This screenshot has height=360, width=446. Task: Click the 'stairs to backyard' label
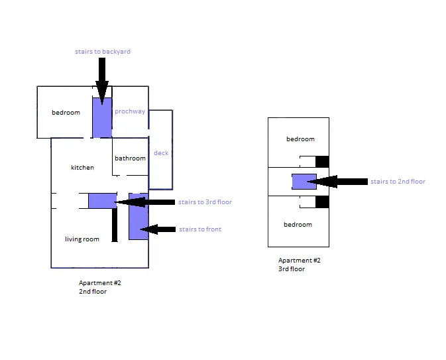(103, 52)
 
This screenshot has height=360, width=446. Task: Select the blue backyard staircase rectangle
(101, 119)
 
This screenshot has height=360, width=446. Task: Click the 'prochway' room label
(130, 111)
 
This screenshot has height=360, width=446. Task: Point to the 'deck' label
(161, 153)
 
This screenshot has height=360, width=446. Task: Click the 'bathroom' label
(130, 158)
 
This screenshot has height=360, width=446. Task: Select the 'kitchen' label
(82, 168)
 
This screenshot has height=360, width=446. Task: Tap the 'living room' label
(82, 239)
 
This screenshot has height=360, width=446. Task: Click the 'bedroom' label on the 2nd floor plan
(66, 113)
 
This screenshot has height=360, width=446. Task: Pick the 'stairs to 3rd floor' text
(205, 202)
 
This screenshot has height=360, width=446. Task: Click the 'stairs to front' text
(200, 229)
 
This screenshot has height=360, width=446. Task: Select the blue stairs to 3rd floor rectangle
(102, 200)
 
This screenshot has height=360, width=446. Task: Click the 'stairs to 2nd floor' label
(398, 182)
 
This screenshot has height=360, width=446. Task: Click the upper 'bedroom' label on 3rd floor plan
(300, 139)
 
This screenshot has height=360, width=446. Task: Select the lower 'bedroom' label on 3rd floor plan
(298, 225)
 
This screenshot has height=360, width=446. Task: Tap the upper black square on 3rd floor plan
(322, 161)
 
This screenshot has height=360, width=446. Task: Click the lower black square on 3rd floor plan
(322, 202)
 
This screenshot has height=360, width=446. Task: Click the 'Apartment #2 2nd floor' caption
(100, 287)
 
